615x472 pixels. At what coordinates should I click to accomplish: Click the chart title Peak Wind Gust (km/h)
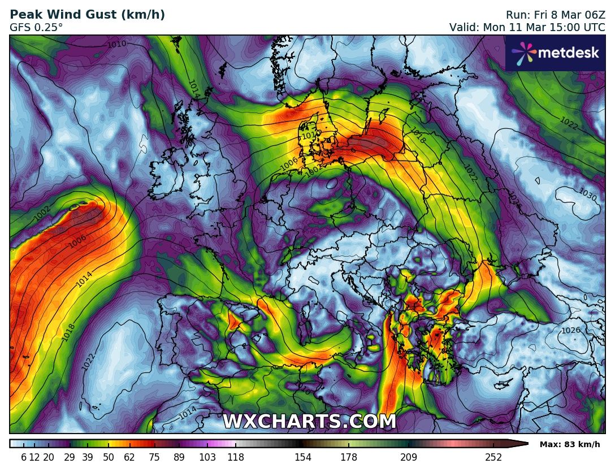click(x=88, y=15)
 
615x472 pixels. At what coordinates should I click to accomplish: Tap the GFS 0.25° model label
click(x=37, y=27)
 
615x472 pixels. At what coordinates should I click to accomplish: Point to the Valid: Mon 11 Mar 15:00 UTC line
click(x=527, y=27)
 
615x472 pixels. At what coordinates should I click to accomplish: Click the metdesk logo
click(x=555, y=53)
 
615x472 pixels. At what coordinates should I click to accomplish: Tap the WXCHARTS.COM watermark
click(x=309, y=422)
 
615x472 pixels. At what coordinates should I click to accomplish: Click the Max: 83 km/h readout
click(x=570, y=444)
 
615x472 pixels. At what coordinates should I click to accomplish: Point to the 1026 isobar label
click(x=571, y=330)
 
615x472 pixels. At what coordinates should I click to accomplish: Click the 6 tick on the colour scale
click(x=24, y=457)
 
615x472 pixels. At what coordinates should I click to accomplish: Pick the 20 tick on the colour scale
click(x=49, y=457)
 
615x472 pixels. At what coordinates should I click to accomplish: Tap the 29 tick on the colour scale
click(x=70, y=457)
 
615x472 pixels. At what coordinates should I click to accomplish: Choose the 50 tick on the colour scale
click(x=109, y=457)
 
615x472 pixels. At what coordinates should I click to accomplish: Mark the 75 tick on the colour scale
click(x=155, y=457)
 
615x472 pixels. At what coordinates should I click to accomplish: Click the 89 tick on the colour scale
click(x=180, y=457)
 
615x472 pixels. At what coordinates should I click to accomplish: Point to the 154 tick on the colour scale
click(x=303, y=457)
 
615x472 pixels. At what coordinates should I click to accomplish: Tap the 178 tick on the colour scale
click(x=348, y=457)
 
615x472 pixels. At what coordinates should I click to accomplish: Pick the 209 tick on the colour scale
click(x=409, y=457)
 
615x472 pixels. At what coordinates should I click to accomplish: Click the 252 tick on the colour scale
click(x=493, y=457)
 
